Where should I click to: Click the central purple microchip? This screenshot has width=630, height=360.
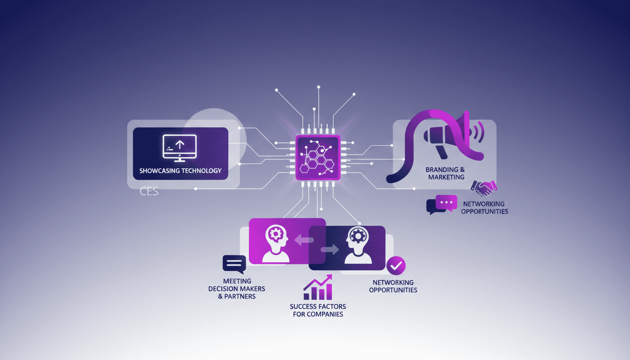[x=317, y=157]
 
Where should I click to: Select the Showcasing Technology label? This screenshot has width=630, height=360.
[x=180, y=171]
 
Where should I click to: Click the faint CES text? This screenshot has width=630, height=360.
[x=149, y=192]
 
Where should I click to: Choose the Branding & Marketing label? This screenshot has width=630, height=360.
[x=445, y=173]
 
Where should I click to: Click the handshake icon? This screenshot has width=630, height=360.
[x=484, y=188]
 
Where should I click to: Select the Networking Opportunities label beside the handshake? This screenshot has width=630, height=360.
[x=484, y=208]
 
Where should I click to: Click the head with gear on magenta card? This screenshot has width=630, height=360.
[x=276, y=241]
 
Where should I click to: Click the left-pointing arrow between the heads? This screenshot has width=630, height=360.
[x=304, y=240]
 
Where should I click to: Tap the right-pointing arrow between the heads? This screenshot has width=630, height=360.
[x=330, y=250]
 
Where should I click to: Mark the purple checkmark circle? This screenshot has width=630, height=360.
[x=396, y=265]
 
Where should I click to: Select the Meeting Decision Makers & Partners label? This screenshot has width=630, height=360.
[x=237, y=289]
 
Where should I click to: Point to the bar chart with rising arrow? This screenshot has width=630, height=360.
[x=318, y=288]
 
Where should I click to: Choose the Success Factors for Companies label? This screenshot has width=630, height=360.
[x=318, y=310]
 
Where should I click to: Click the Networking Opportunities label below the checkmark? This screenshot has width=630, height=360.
[x=393, y=286]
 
